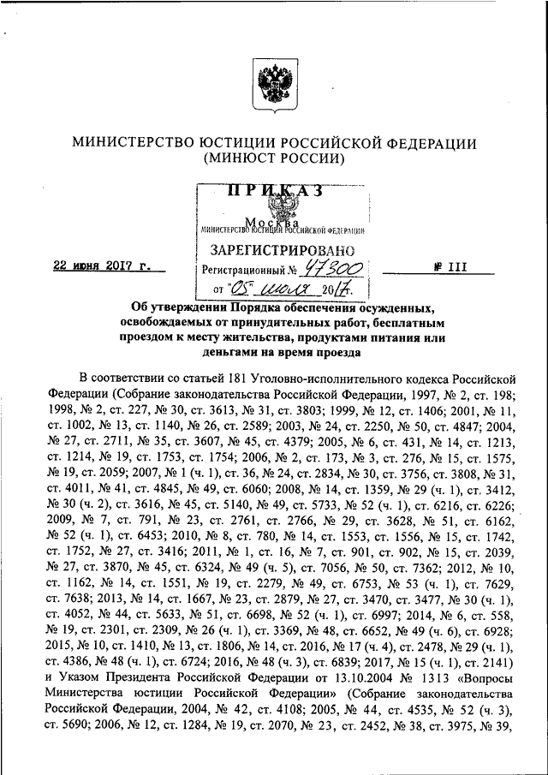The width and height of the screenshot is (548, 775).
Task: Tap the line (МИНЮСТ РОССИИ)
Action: click(274, 159)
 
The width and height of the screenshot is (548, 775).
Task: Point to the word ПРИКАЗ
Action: click(274, 192)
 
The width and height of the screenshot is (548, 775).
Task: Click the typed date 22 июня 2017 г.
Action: click(106, 266)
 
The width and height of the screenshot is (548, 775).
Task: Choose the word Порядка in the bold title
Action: click(278, 308)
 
